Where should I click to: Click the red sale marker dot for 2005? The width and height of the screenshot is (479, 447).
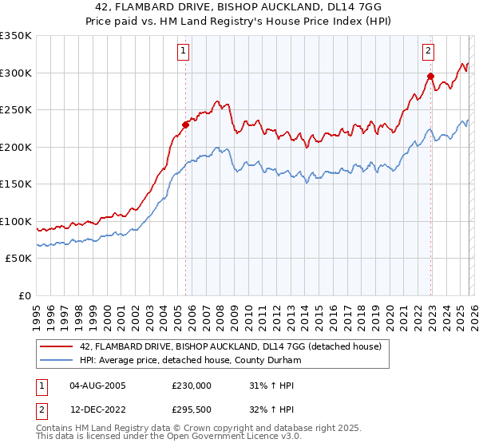pos(186,124)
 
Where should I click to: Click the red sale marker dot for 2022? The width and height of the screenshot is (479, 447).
pos(430,77)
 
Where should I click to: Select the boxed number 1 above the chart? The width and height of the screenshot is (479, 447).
pos(184,51)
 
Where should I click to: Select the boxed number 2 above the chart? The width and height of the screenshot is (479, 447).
pos(428,51)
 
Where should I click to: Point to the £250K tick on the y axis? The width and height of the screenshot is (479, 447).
pos(16,110)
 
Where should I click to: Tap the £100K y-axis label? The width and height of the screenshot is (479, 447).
pos(16,221)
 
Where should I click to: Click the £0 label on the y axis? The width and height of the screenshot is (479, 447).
pos(24,295)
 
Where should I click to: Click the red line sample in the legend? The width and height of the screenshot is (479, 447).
pos(56,346)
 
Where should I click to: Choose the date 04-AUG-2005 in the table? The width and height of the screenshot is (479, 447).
pos(97,386)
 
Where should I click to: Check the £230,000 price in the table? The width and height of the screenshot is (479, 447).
pos(192,386)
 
